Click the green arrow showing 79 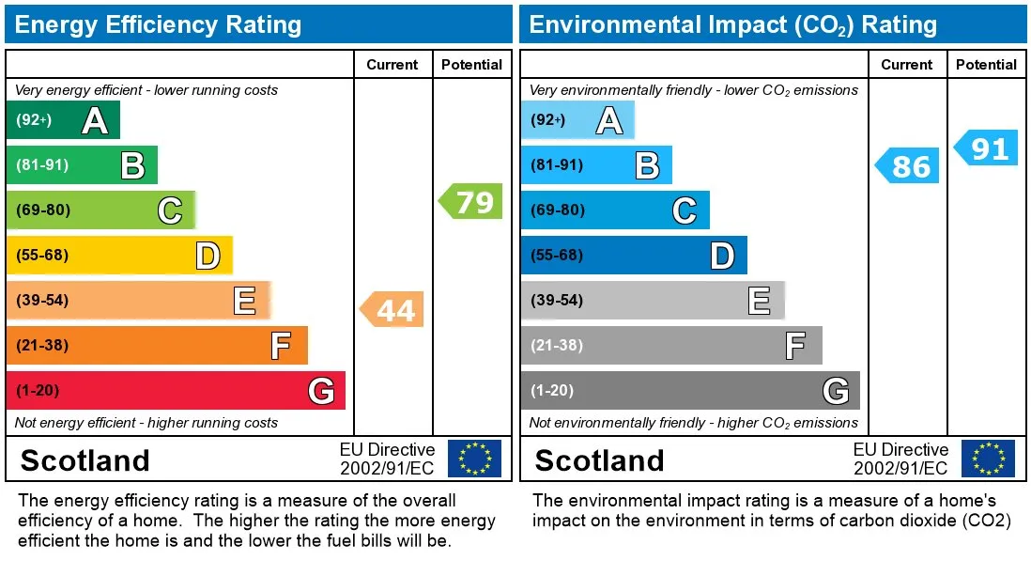(x=470, y=201)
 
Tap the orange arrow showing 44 (x=392, y=309)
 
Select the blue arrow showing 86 (x=907, y=165)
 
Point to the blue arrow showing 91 (x=986, y=148)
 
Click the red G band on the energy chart (x=176, y=390)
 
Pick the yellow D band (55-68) (x=119, y=255)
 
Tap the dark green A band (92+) (x=63, y=120)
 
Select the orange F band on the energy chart (x=157, y=345)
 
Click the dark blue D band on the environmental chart (x=634, y=255)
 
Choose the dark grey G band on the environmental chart (x=690, y=390)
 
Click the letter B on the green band (x=132, y=165)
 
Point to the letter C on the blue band (x=685, y=210)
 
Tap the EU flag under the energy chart (x=474, y=459)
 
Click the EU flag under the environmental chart (x=988, y=459)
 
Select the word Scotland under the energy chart (x=85, y=460)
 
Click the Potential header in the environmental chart (x=986, y=65)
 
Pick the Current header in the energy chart (x=392, y=65)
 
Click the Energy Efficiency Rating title (x=158, y=25)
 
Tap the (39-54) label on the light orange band (x=42, y=300)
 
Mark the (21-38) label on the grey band (x=557, y=345)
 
